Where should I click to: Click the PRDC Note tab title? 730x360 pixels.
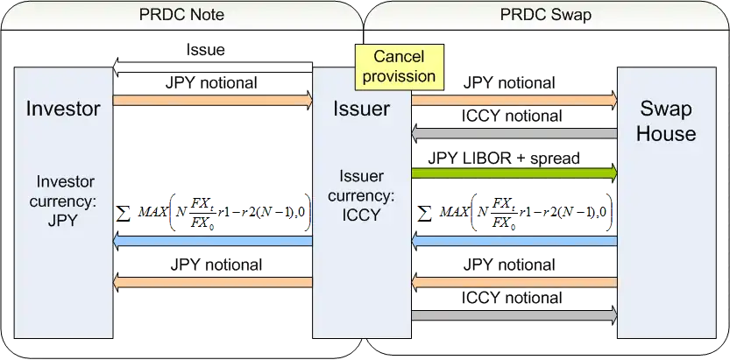[x=181, y=15]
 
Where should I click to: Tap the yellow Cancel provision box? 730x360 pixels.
[x=399, y=67]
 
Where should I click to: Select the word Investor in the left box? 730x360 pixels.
[x=63, y=109]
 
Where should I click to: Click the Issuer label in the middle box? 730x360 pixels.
[x=361, y=109]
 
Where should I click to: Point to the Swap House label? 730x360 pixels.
[x=665, y=122]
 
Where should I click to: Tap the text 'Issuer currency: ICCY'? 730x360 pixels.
[x=361, y=194]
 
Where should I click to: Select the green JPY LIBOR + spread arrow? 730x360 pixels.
[x=514, y=174]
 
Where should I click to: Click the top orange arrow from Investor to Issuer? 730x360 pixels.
[x=213, y=100]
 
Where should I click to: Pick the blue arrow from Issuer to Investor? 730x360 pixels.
[x=213, y=240]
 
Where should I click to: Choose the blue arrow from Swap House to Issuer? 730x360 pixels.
[x=514, y=240]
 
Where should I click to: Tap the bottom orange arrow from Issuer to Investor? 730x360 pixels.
[x=213, y=282]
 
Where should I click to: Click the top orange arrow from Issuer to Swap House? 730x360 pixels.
[x=514, y=100]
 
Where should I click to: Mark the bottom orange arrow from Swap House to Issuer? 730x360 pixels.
[x=514, y=282]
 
